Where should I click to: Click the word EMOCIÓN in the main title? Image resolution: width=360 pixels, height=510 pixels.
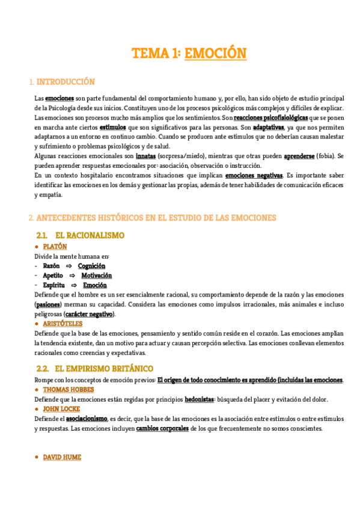216,54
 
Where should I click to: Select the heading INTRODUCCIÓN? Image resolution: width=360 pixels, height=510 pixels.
66,82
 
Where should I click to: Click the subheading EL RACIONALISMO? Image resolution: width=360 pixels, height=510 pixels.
90,235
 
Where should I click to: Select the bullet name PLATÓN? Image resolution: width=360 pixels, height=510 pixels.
55,247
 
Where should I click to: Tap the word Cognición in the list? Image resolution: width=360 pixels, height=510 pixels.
91,266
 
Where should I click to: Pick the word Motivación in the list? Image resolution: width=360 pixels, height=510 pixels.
97,275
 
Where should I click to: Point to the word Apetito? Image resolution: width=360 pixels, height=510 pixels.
53,275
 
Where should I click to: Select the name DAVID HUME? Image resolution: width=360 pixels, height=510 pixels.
62,458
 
